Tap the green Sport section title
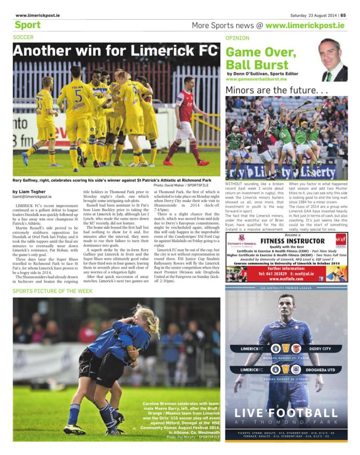(28, 25)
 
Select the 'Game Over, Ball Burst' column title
(261, 58)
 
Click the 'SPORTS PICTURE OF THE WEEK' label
(52, 291)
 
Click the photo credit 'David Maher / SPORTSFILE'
(182, 185)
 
